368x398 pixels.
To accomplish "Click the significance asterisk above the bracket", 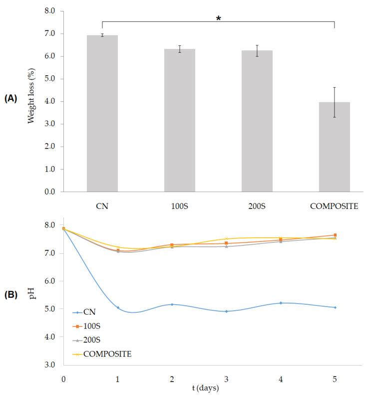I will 218,19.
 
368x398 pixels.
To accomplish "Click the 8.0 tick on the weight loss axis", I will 49,11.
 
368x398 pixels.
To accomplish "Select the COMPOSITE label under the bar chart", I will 334,205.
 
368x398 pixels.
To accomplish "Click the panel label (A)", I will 11,99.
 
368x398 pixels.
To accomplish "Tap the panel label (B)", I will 11,294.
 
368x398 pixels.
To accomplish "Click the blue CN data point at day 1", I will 118,308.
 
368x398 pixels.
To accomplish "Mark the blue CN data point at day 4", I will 281,303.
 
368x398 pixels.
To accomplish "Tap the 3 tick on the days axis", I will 226,379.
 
